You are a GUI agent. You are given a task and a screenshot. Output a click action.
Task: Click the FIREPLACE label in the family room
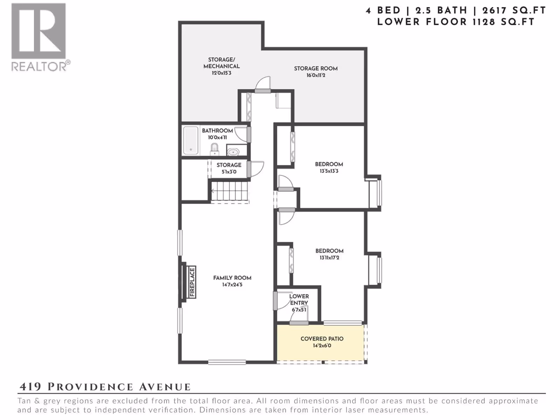pyautogui.click(x=192, y=282)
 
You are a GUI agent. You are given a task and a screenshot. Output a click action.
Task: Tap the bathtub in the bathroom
pyautogui.click(x=191, y=140)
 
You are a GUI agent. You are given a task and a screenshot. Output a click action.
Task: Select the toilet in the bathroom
pyautogui.click(x=214, y=149)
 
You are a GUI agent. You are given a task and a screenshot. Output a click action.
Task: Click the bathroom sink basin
pyautogui.click(x=233, y=153)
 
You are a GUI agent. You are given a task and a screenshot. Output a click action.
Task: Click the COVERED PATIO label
pyautogui.click(x=322, y=339)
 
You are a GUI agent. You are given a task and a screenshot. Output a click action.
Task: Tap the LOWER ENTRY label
pyautogui.click(x=299, y=299)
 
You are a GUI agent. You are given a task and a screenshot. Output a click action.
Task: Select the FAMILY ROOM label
pyautogui.click(x=232, y=278)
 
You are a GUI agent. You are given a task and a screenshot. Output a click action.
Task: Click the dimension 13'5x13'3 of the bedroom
pyautogui.click(x=329, y=171)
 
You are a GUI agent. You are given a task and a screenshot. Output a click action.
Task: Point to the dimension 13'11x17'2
pyautogui.click(x=329, y=258)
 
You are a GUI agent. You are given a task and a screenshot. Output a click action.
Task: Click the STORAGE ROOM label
pyautogui.click(x=316, y=68)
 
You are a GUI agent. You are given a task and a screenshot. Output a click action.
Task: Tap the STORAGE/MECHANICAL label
pyautogui.click(x=222, y=63)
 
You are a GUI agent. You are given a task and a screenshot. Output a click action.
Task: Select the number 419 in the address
pyautogui.click(x=30, y=387)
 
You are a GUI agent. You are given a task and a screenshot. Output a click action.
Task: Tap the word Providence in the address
pyautogui.click(x=90, y=387)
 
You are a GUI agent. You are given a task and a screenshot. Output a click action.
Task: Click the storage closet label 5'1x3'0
pyautogui.click(x=229, y=171)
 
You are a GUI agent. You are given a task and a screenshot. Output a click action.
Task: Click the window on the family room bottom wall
pyautogui.click(x=227, y=362)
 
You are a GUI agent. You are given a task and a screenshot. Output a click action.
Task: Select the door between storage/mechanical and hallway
pyautogui.click(x=263, y=91)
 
